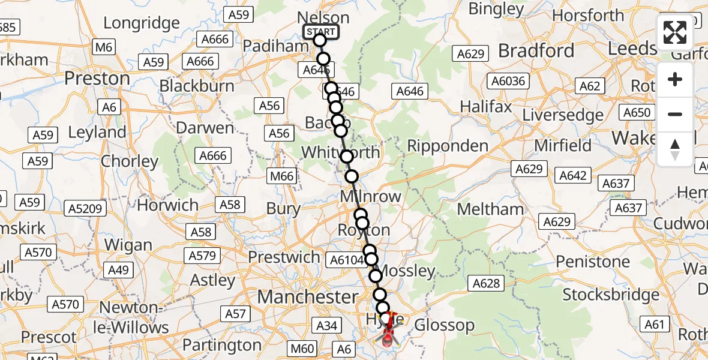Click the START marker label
[320, 32]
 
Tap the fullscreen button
[675, 32]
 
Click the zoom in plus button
[675, 79]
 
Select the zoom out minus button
[675, 114]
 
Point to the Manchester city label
[307, 297]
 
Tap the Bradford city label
[536, 50]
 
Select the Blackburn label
[197, 86]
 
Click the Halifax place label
[486, 107]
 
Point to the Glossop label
[445, 325]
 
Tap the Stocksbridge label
[611, 295]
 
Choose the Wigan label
[128, 245]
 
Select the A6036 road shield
[508, 81]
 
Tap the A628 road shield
[486, 283]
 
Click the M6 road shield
[104, 47]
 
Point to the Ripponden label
[448, 146]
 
